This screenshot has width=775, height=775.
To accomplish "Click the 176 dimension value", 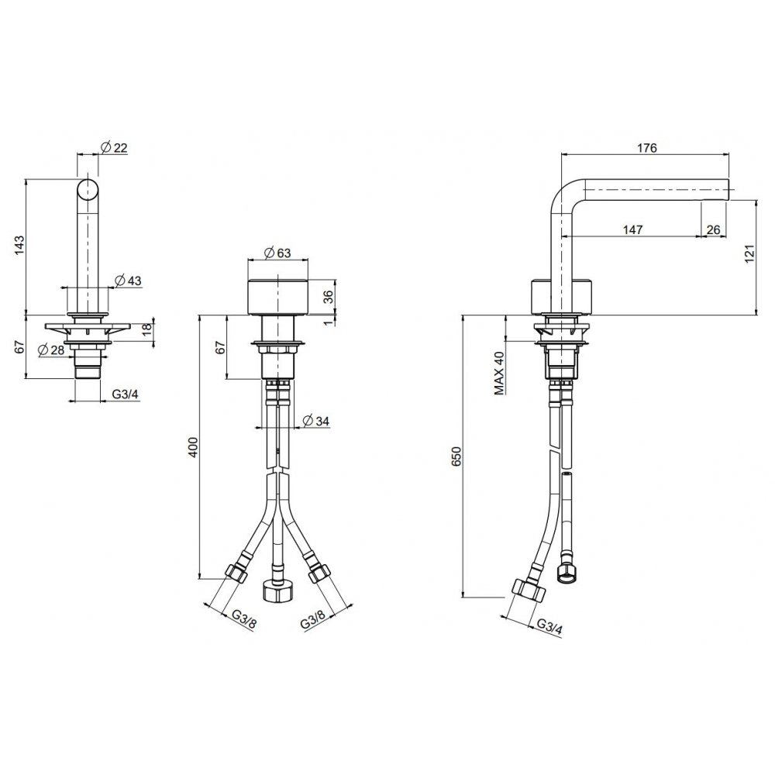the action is coord(647,148).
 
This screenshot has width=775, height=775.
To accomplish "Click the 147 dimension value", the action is coord(632,229).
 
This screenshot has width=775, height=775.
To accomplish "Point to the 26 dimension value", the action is coord(713,229).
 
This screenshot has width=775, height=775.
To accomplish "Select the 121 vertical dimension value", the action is coord(749,253).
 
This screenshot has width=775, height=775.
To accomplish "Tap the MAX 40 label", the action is coord(499,374).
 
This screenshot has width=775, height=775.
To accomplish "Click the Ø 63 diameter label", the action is coord(277,253).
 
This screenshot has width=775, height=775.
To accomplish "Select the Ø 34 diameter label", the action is coord(315,421).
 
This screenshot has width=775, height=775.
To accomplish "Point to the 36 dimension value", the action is coord(328,297).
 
